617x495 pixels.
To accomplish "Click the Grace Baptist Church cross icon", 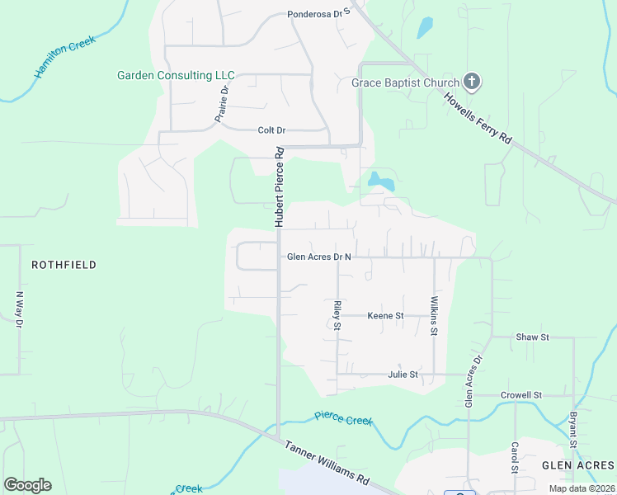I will [472, 81].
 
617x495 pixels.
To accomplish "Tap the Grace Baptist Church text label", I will [405, 82].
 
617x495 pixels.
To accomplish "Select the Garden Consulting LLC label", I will [176, 75].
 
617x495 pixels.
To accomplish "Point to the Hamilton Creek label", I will [65, 57].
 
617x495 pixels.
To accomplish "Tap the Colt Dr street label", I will [271, 130].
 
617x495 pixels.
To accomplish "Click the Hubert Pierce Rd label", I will [280, 187].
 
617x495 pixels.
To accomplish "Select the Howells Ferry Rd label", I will [478, 120].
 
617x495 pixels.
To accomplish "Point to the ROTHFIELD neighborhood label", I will [64, 265].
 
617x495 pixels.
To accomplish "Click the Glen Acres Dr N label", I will [319, 257].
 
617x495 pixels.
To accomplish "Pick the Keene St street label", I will [385, 315].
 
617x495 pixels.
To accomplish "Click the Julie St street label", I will [403, 375].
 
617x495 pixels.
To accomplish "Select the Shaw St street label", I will [532, 337].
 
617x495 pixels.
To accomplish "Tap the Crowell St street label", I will [521, 395].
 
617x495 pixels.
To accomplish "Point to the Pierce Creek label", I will [344, 419].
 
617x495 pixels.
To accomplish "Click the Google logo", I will [27, 485].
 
